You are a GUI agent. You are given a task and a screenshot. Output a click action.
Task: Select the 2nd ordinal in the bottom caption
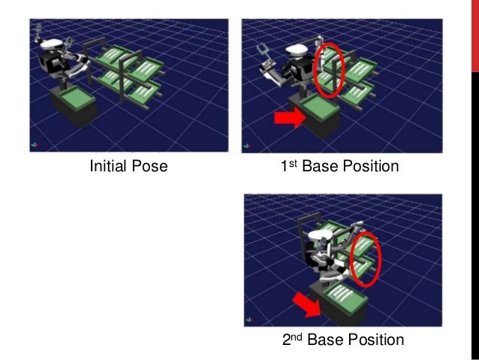[292, 339]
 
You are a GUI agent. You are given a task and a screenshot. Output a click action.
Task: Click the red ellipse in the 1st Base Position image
[328, 71]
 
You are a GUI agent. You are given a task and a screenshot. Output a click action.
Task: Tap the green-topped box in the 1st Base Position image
[314, 120]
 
